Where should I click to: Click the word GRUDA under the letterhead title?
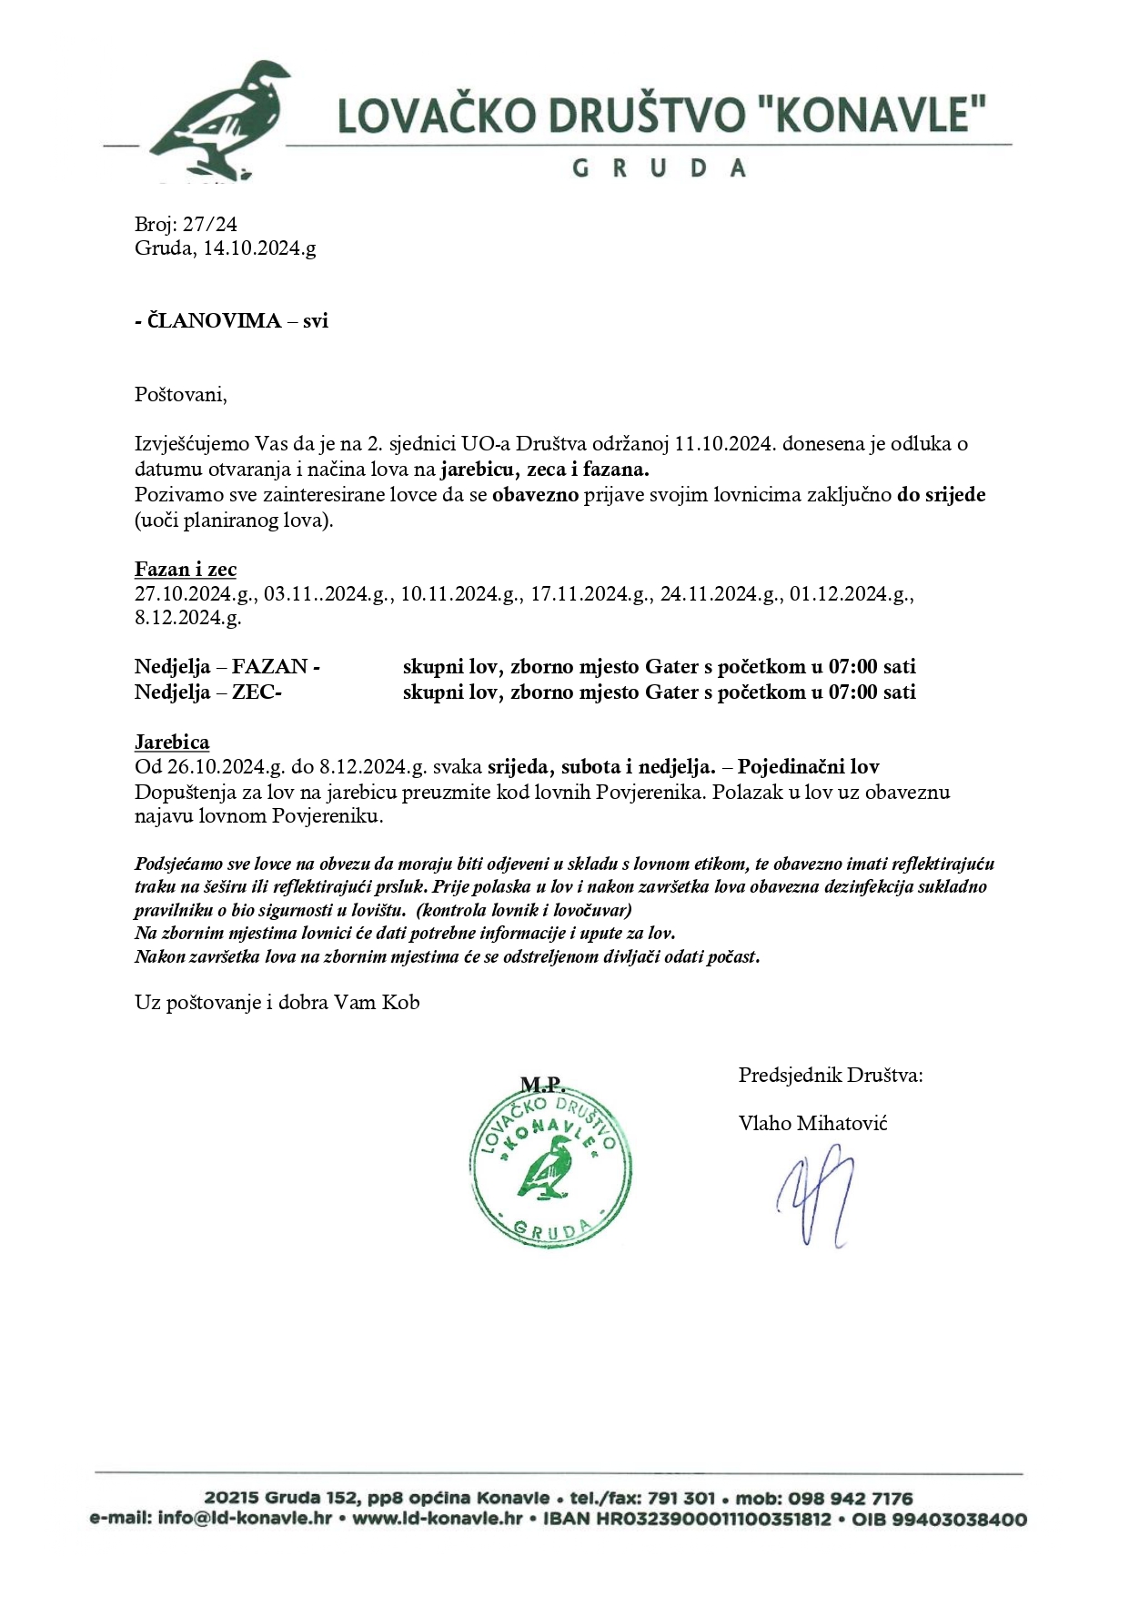(x=660, y=168)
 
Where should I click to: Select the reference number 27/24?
(x=211, y=224)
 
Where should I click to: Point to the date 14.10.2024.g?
(x=259, y=248)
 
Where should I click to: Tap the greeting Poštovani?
(x=180, y=395)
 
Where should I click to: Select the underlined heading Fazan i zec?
(x=186, y=570)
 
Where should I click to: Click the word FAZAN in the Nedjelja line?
(x=270, y=667)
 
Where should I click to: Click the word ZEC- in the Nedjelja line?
(x=257, y=692)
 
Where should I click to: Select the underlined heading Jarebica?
(x=172, y=742)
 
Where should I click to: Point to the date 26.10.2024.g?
(x=226, y=767)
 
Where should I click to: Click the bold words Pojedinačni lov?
(x=808, y=767)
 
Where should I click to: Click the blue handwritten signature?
(x=815, y=1197)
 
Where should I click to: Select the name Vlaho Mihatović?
(x=812, y=1124)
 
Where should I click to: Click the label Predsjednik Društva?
(x=831, y=1076)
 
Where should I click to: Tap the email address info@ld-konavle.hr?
(x=245, y=1519)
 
